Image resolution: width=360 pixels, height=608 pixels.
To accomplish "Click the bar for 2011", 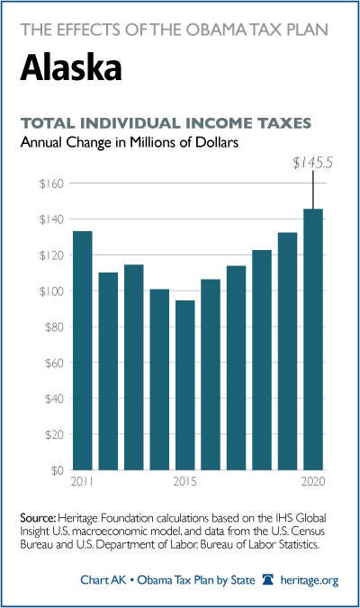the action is (83, 351).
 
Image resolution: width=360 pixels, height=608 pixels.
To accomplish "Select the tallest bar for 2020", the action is (313, 339).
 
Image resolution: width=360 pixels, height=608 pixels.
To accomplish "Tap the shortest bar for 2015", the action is (185, 385).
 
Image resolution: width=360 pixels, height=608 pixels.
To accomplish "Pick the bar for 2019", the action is (287, 352).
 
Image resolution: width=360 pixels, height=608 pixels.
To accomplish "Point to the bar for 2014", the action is (159, 380).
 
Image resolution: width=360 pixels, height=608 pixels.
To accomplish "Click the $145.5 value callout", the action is (312, 164).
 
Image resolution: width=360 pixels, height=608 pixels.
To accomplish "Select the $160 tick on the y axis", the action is (51, 183).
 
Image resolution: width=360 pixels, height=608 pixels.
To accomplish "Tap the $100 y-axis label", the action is (51, 291).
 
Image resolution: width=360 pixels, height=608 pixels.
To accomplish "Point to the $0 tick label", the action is (57, 470).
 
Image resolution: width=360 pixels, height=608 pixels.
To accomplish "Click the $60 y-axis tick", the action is (54, 363).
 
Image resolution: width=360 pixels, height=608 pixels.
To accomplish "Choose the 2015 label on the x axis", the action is (185, 481).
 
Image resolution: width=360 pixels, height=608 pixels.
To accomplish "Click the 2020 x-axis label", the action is (313, 481).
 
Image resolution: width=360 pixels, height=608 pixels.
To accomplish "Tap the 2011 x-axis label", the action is (82, 481).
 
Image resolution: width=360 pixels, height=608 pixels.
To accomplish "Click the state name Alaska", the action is (71, 67).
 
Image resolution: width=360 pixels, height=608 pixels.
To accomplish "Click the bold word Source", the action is (39, 518).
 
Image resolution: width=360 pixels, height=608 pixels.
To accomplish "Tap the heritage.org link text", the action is (310, 580).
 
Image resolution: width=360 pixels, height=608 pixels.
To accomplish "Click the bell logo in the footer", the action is (268, 580).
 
